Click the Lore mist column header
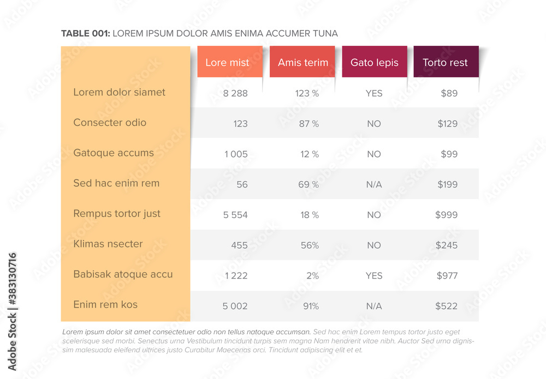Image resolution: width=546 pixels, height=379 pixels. click(227, 62)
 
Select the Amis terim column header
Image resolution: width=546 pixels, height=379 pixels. click(303, 62)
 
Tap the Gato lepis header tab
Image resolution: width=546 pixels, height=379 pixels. click(375, 62)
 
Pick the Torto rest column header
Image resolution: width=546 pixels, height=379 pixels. click(445, 62)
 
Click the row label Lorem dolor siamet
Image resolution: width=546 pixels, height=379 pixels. click(119, 92)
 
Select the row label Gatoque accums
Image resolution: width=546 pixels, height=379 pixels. click(114, 153)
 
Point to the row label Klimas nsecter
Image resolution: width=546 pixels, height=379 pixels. click(108, 244)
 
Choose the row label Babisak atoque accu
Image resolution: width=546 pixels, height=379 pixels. click(123, 274)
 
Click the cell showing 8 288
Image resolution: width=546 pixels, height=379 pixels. click(235, 93)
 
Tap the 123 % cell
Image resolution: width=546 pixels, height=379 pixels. click(307, 93)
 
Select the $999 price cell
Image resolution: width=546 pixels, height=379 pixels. click(446, 215)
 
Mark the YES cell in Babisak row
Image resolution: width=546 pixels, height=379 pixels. click(374, 276)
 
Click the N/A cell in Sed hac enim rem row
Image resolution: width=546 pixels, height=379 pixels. click(374, 185)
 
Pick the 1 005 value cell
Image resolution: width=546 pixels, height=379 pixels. click(236, 154)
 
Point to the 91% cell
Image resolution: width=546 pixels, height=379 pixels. click(311, 306)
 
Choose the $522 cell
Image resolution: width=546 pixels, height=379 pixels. click(446, 306)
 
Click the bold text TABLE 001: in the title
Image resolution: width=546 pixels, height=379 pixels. click(86, 34)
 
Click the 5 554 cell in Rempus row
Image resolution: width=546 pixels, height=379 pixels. click(235, 215)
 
